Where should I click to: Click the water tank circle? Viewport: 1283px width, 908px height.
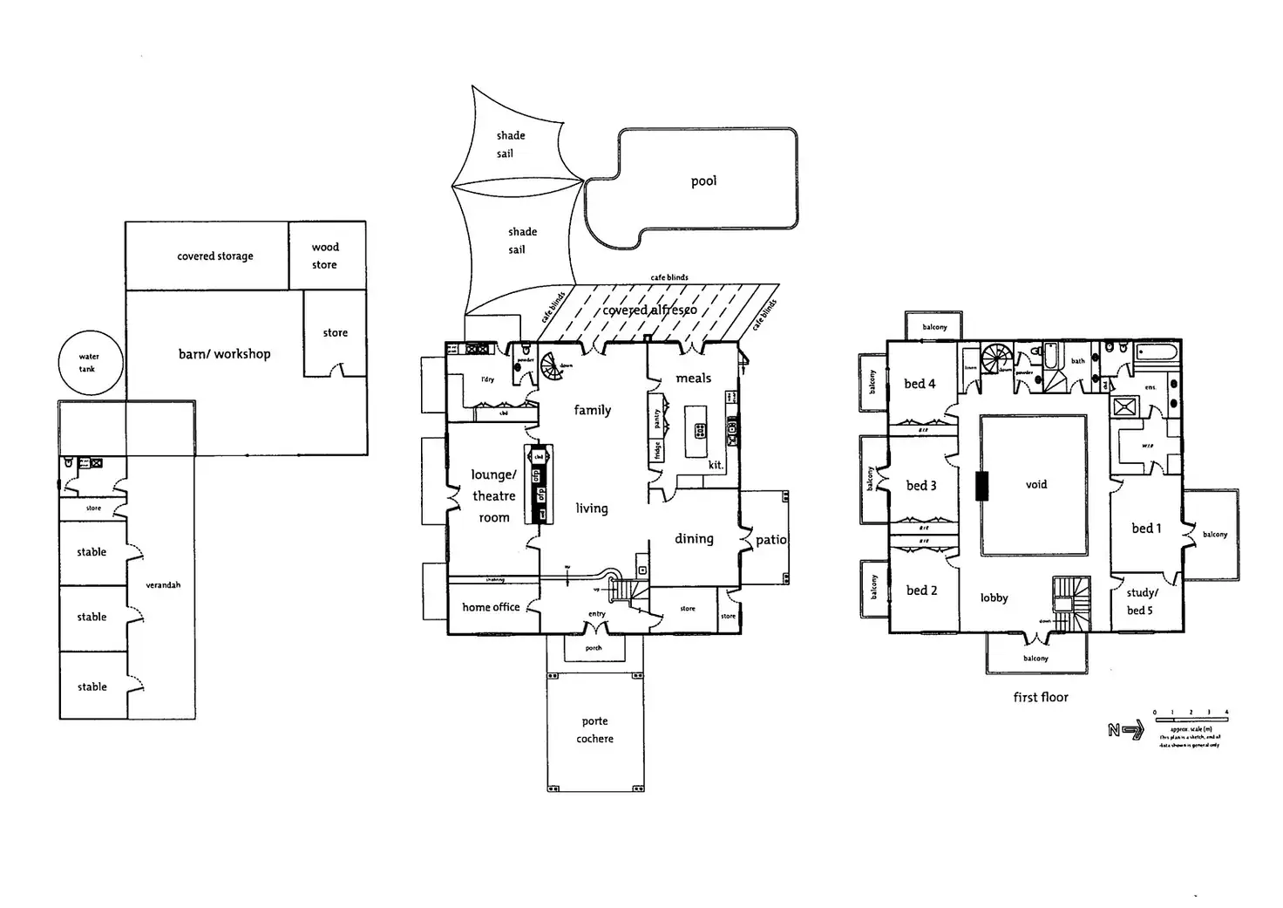89,363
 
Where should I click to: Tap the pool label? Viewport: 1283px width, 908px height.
703,181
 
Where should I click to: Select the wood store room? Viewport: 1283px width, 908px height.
326,256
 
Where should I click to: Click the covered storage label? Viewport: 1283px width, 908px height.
215,256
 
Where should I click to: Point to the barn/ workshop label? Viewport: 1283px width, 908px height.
224,354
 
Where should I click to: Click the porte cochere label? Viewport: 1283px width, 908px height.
595,730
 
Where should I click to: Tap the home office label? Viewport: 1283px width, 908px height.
491,607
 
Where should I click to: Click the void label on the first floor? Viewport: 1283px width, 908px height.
1035,484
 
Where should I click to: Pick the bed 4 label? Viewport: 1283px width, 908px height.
920,384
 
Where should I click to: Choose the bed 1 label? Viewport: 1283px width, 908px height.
1146,529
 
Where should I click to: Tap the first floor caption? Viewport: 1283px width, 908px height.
1040,697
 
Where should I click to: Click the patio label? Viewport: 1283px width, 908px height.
770,540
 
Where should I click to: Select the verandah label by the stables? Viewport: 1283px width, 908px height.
163,585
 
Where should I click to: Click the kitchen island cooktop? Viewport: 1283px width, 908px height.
699,429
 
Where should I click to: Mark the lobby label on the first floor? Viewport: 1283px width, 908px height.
994,597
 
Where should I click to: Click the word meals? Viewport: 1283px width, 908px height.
693,379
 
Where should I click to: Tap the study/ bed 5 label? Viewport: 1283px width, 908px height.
1142,602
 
